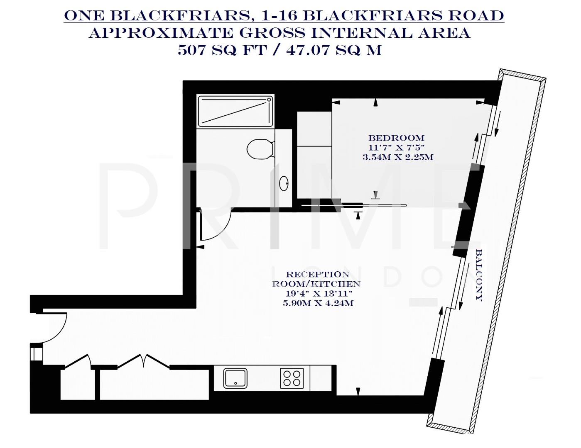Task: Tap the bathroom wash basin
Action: pos(284,183)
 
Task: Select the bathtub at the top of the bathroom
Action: pos(235,111)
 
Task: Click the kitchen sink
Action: pos(235,378)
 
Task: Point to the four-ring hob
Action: pos(292,378)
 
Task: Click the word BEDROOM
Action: pos(396,138)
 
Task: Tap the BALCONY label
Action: pos(479,275)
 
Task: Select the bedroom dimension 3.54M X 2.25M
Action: pos(397,157)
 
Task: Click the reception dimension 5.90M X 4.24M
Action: pos(318,303)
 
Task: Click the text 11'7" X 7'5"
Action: pos(396,148)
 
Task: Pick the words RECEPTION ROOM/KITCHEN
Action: pos(316,279)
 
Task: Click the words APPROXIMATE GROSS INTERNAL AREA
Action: pos(279,33)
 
